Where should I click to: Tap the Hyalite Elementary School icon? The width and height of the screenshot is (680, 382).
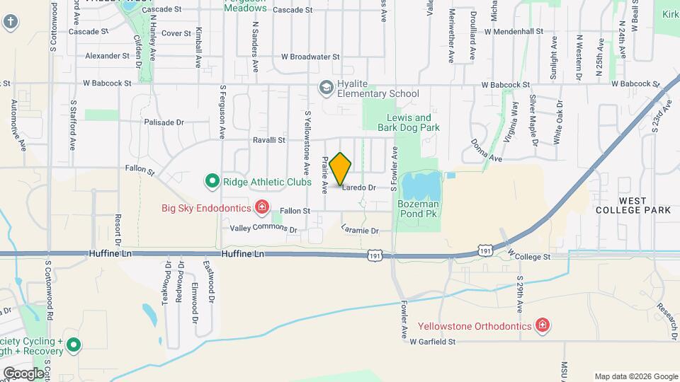pos(327,88)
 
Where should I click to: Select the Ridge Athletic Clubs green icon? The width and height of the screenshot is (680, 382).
pos(211,182)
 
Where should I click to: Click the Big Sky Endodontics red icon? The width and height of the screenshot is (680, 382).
pos(262,207)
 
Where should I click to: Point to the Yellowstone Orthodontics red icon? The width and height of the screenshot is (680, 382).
pos(543,325)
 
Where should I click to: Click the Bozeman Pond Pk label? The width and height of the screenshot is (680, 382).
pos(419,208)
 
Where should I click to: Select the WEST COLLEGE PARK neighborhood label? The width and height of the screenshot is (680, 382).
pos(633,205)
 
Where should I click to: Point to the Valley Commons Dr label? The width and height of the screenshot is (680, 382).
pos(263,229)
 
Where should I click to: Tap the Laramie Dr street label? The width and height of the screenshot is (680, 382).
pos(360,230)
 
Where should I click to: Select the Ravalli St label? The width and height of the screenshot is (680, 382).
pos(268,140)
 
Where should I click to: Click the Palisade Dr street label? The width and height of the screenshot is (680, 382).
pos(164,122)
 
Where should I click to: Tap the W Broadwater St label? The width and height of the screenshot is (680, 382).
pos(311,57)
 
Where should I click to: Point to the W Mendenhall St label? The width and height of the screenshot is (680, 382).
pos(514,32)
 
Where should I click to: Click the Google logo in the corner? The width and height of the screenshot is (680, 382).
pos(24,373)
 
